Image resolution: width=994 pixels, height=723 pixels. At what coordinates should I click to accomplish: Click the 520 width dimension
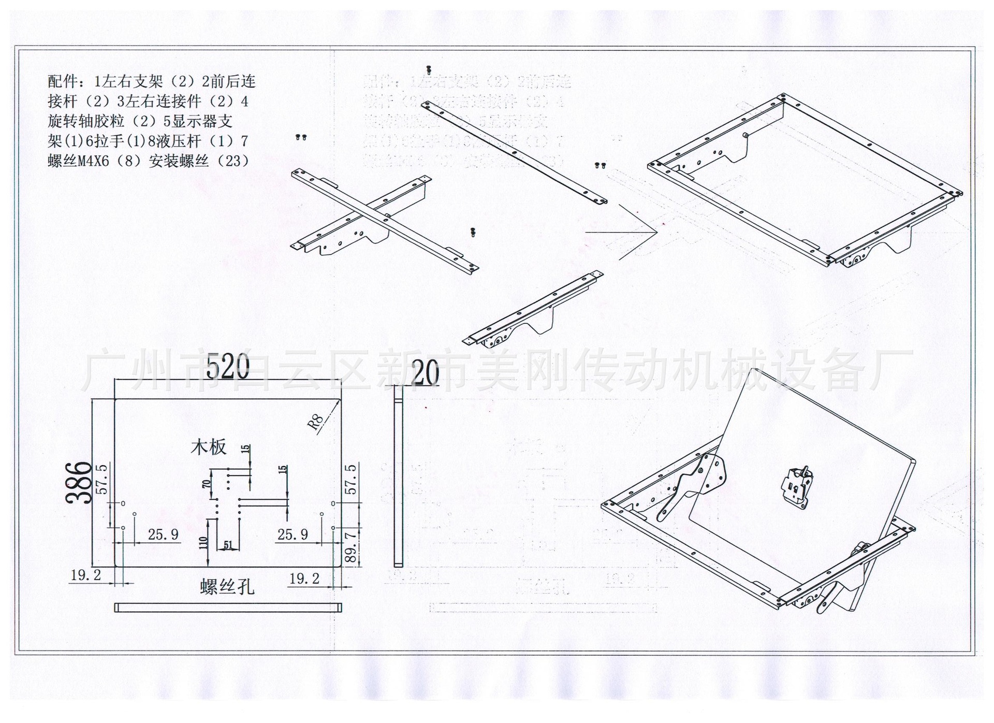(x=228, y=367)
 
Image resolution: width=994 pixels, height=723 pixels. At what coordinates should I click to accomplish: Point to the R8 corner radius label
(x=316, y=422)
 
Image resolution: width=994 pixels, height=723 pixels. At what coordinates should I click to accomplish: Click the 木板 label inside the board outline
(x=209, y=447)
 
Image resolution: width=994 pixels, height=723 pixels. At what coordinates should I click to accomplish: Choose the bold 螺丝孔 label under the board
(x=227, y=587)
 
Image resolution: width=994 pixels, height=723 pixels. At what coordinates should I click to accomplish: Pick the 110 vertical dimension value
(x=203, y=542)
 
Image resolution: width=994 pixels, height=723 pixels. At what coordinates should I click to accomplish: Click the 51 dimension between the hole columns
(x=228, y=544)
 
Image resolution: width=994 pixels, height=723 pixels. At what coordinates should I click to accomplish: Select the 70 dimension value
(x=206, y=484)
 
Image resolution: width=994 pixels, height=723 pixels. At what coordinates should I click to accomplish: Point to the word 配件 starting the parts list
(x=63, y=82)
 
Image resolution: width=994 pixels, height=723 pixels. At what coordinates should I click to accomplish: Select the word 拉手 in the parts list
(x=108, y=141)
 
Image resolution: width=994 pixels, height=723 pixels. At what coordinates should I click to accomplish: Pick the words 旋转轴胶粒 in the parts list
(x=86, y=122)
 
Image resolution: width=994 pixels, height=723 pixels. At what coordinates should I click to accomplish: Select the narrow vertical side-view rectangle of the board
(x=398, y=481)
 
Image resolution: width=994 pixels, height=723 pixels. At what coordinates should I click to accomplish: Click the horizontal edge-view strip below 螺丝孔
(x=228, y=608)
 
